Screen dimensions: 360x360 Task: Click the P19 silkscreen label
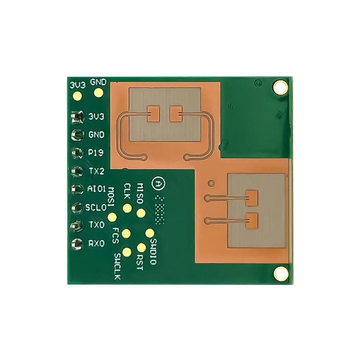96,153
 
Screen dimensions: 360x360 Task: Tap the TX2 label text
96,171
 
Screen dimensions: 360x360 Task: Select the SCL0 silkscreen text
96,208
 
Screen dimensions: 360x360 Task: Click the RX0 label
96,243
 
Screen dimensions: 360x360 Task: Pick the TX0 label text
96,225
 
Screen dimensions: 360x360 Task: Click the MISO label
140,193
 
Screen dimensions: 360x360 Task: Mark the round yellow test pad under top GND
98,93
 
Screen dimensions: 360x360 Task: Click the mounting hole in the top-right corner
281,87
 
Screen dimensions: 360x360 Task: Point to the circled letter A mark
158,184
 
